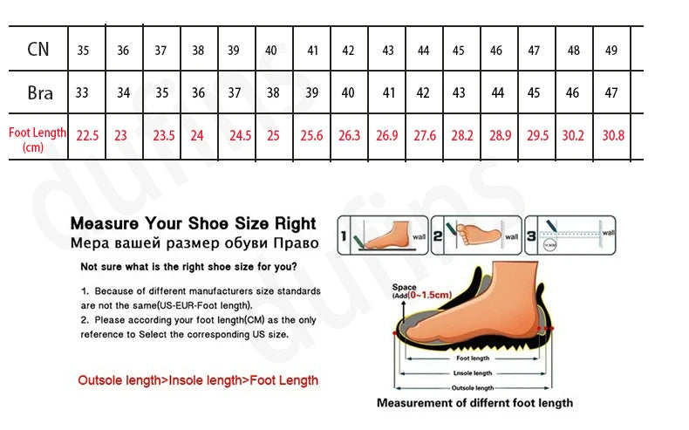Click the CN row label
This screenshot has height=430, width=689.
pos(38,50)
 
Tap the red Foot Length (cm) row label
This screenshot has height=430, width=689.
pos(38,140)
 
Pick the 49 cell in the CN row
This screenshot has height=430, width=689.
pos(611,51)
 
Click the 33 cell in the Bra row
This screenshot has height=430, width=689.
pos(82,93)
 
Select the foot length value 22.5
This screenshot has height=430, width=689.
pos(87,136)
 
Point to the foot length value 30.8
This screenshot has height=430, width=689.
pos(613,136)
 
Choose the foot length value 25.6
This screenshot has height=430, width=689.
pos(311,136)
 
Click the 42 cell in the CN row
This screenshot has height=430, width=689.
pos(348,51)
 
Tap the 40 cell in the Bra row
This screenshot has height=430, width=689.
pos(348,93)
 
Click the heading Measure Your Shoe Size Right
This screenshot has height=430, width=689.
pos(193,223)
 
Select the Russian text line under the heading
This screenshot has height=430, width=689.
pos(194,242)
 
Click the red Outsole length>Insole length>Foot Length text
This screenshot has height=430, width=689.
pos(198,380)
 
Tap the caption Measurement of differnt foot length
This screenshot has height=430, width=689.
pos(474,403)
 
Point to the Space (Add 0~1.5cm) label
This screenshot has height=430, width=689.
pos(421,291)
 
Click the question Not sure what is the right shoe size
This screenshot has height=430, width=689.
pos(188,267)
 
